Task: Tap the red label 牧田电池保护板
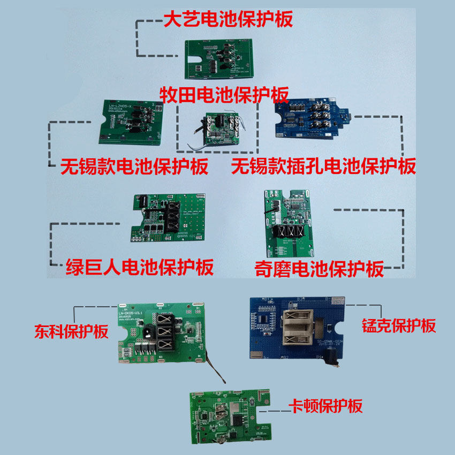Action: (x=225, y=95)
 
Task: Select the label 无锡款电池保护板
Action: (x=134, y=166)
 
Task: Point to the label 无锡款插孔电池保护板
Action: (x=323, y=166)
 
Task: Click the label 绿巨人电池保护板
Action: (x=139, y=266)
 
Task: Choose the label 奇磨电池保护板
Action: (x=320, y=268)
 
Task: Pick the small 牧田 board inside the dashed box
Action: (x=216, y=129)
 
